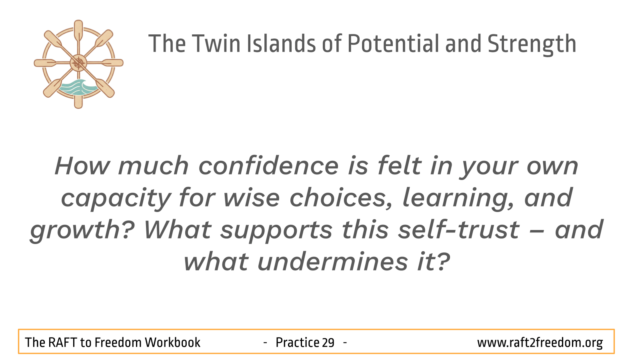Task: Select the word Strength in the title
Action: pyautogui.click(x=532, y=45)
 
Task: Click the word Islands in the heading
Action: pyautogui.click(x=281, y=44)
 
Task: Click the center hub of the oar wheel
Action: pyautogui.click(x=78, y=63)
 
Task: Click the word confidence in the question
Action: pyautogui.click(x=268, y=166)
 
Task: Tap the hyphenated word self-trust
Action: pyautogui.click(x=459, y=230)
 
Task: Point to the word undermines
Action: pyautogui.click(x=333, y=262)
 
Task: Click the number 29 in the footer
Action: pyautogui.click(x=328, y=342)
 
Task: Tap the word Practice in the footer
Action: pyautogui.click(x=297, y=342)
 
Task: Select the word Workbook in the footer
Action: pyautogui.click(x=172, y=342)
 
